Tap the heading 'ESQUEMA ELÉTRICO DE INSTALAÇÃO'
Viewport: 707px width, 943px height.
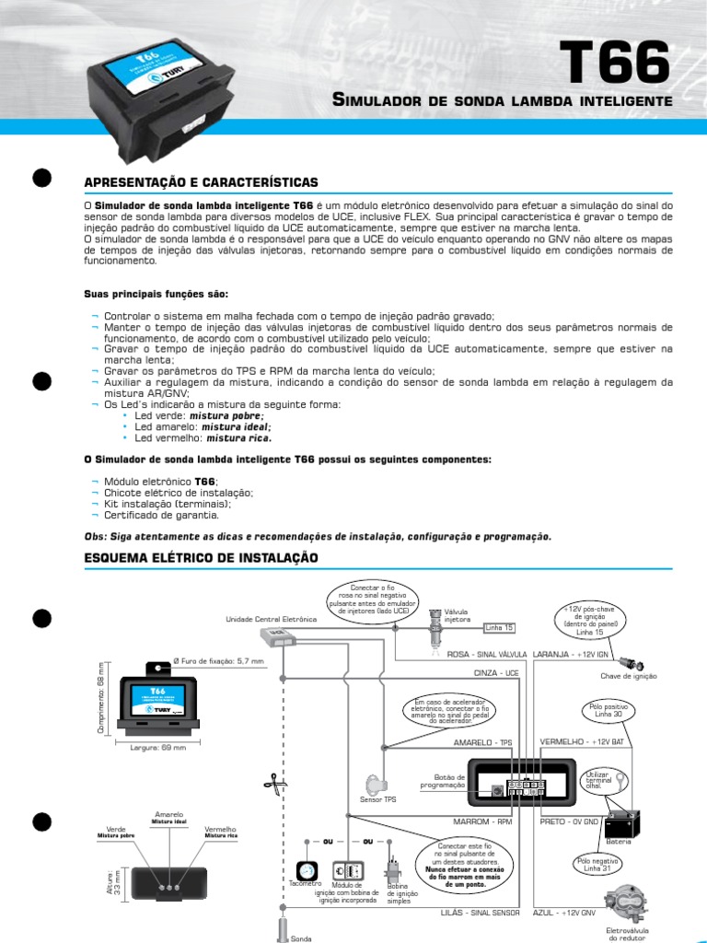[201, 558]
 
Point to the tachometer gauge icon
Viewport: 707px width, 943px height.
[306, 870]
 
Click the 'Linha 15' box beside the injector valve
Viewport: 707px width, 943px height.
[500, 628]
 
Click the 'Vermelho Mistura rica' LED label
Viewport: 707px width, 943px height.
[220, 832]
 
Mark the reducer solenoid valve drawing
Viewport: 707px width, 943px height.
[629, 904]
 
